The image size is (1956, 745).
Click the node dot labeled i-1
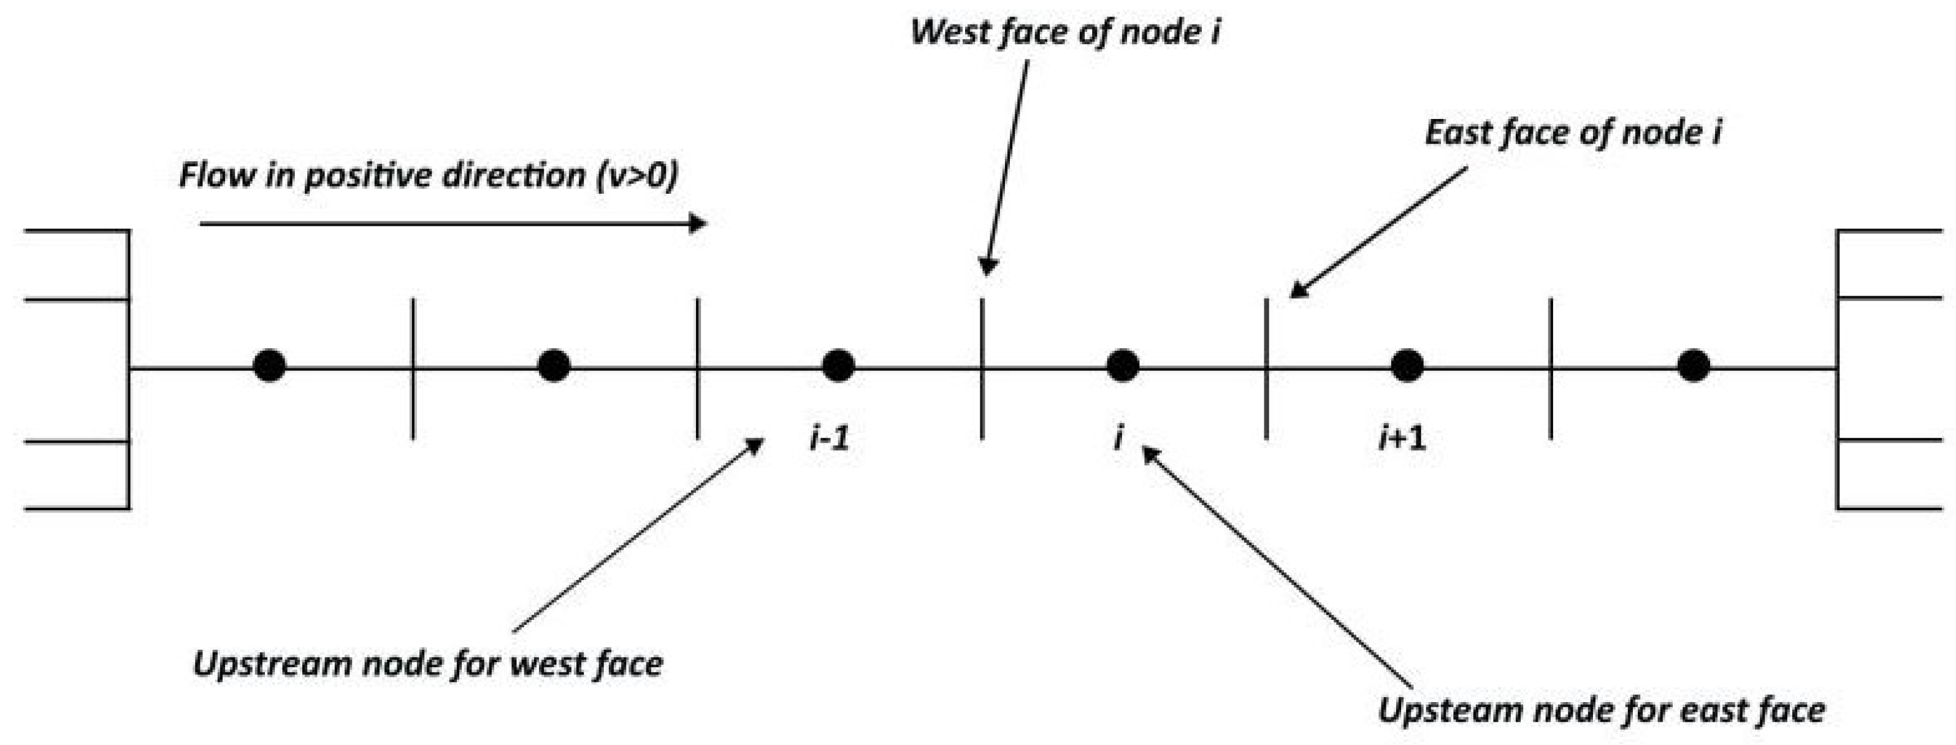[838, 365]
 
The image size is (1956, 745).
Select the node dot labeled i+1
[1407, 365]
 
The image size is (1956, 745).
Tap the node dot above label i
[1122, 365]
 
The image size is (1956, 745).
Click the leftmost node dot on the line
[270, 365]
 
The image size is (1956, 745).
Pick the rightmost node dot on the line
[1694, 365]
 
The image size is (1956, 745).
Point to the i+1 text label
[1402, 438]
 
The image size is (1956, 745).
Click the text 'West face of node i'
[1064, 32]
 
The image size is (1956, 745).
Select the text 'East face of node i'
[1573, 134]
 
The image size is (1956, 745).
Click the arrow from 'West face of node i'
[1006, 167]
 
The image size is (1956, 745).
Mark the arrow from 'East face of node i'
[1378, 232]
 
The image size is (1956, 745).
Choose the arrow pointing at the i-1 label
[638, 535]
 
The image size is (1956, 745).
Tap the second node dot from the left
[554, 365]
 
